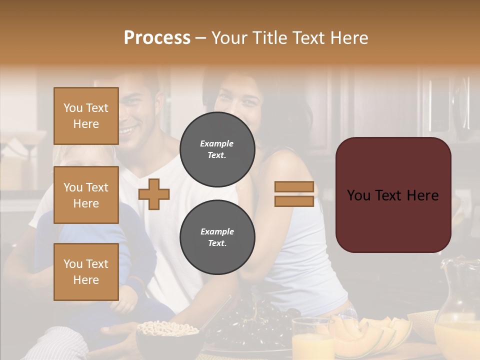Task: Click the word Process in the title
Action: pyautogui.click(x=157, y=38)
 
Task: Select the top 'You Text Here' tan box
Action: pyautogui.click(x=86, y=116)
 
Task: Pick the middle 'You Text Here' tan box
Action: pyautogui.click(x=86, y=195)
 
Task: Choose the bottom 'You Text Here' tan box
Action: pyautogui.click(x=86, y=272)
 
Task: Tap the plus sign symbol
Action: pyautogui.click(x=154, y=194)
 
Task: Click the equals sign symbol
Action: pyautogui.click(x=294, y=194)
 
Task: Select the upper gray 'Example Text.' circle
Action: pyautogui.click(x=217, y=149)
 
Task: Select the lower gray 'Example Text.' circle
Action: pyautogui.click(x=217, y=237)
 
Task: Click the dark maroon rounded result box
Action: pyautogui.click(x=393, y=195)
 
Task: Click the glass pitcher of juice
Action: pyautogui.click(x=457, y=315)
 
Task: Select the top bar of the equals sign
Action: pyautogui.click(x=294, y=187)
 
